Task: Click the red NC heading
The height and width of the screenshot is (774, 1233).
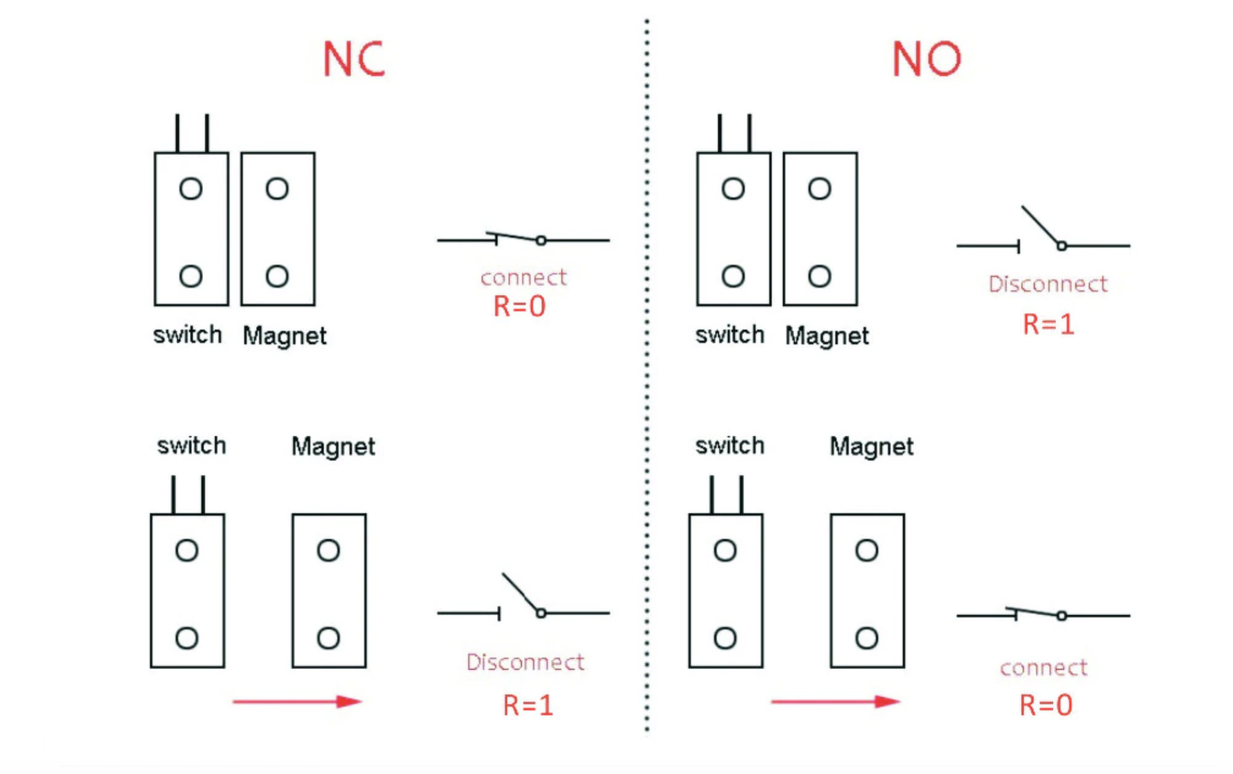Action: point(354,59)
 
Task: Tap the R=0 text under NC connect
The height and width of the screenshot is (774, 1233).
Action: point(519,307)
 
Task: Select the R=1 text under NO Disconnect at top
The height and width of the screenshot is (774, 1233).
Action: point(1048,324)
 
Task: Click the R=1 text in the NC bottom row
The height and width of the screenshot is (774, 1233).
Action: point(528,705)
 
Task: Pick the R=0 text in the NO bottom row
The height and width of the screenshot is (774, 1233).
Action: point(1046,705)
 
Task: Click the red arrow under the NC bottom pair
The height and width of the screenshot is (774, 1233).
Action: point(297,701)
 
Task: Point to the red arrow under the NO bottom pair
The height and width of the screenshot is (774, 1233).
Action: point(835,701)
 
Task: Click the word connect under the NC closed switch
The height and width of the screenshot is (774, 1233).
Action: point(523,277)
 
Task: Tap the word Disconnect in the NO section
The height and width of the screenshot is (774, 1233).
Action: point(1048,284)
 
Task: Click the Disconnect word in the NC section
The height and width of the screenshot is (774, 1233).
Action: point(525,662)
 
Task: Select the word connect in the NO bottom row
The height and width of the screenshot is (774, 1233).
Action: point(1043,668)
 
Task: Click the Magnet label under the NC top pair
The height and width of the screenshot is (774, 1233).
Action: point(284,336)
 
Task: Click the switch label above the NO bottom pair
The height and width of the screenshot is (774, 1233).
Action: point(729,446)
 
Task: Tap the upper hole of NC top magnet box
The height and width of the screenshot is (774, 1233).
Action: point(277,189)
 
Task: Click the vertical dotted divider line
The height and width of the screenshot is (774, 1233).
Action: point(646,389)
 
